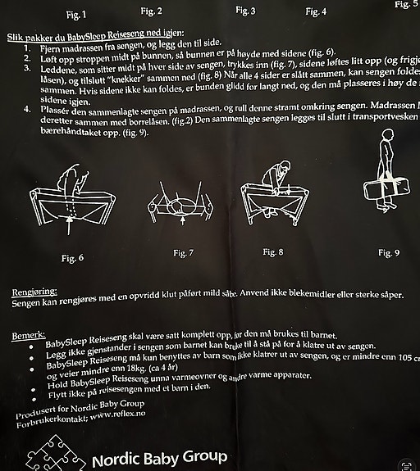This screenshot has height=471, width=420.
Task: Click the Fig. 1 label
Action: [x=76, y=14]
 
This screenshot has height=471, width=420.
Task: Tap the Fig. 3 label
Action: [x=245, y=11]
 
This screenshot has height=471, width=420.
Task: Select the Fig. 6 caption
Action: [x=72, y=258]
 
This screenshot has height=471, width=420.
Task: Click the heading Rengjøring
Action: [x=34, y=292]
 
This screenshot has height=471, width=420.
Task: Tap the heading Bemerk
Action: [x=27, y=336]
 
